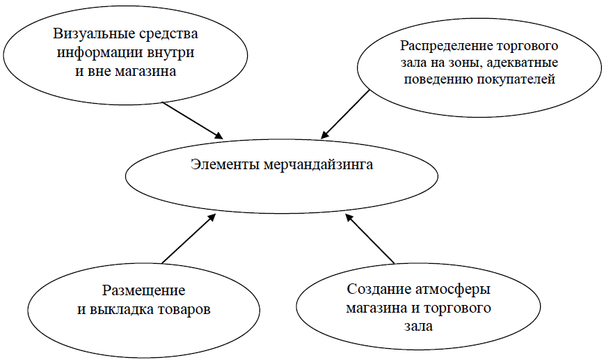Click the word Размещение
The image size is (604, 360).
[x=143, y=290]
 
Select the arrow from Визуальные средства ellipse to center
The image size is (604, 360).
[x=193, y=120]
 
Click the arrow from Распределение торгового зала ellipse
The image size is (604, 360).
[x=345, y=115]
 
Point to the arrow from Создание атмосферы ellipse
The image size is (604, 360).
[x=370, y=240]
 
